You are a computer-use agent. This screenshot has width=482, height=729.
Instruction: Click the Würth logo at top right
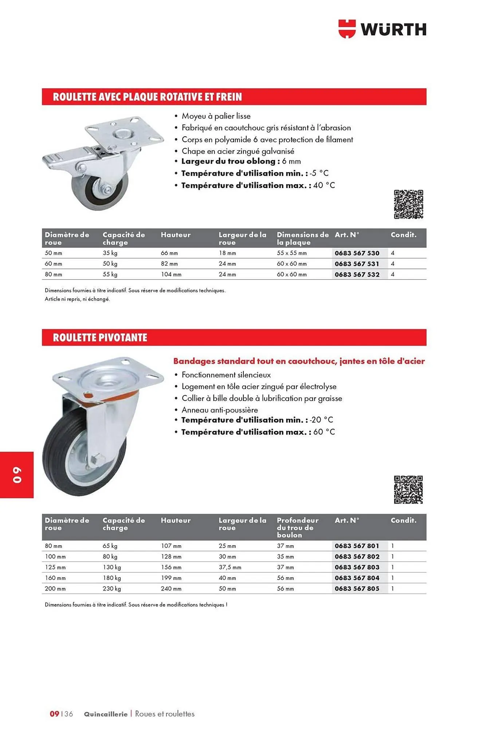tap(382, 29)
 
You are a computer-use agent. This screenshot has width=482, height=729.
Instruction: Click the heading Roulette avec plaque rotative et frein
tap(147, 97)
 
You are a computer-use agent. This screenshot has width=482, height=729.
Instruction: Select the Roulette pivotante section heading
tap(100, 338)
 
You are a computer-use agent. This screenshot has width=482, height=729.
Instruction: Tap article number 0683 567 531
tap(357, 264)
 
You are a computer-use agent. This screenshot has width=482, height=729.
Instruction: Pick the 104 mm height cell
tap(171, 274)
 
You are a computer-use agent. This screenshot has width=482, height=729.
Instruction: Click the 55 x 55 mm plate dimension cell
tap(291, 253)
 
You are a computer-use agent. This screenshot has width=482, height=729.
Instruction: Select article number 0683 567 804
tap(357, 578)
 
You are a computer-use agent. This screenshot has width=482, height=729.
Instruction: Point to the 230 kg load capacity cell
tap(111, 588)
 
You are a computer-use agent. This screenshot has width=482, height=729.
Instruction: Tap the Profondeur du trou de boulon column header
tap(297, 527)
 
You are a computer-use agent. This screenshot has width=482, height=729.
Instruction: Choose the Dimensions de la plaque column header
tap(302, 238)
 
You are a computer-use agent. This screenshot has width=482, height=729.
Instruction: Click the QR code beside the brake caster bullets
tap(408, 204)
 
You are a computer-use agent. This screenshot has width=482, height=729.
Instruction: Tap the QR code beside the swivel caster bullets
tap(408, 490)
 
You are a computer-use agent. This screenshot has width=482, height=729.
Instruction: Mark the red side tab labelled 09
tap(17, 475)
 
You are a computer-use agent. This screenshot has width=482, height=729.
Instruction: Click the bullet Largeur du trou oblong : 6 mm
tap(241, 161)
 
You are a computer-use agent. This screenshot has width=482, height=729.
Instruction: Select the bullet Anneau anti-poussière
tap(219, 410)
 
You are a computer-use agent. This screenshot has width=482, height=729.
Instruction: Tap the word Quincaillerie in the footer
tap(106, 714)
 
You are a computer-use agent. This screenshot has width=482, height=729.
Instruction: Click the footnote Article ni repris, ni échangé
tap(77, 299)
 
